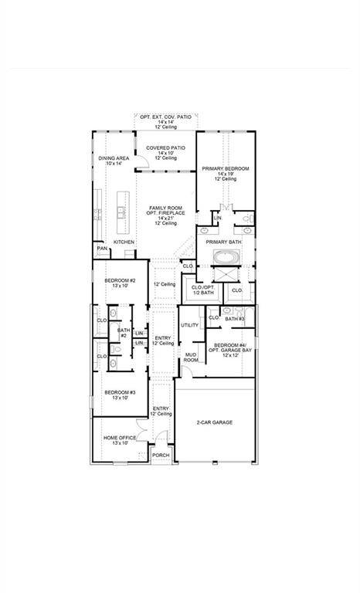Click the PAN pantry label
tap(100, 249)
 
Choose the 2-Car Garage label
tap(216, 422)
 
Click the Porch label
tap(160, 456)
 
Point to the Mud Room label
tap(190, 357)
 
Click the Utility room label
tap(189, 325)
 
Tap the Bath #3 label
tap(235, 319)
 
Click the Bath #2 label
tap(123, 333)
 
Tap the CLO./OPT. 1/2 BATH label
tap(202, 290)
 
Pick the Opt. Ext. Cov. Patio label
tap(166, 122)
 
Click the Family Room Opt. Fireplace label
tap(167, 215)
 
